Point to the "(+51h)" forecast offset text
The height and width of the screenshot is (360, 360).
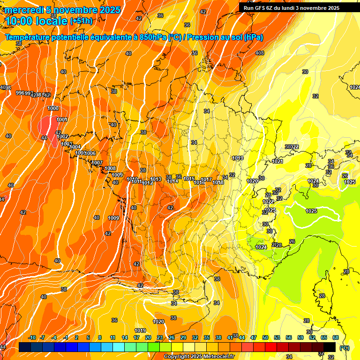(81, 21)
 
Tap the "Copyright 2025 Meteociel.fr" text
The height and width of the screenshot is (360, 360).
(199, 357)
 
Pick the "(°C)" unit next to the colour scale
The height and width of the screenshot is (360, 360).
(344, 347)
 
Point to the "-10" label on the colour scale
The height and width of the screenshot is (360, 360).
(32, 337)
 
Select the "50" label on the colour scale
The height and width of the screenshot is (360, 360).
(265, 337)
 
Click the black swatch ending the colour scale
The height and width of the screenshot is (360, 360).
(330, 347)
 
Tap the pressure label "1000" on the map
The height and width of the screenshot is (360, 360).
(53, 108)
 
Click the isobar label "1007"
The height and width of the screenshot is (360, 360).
(97, 163)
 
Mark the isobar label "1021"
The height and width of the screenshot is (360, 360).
(277, 161)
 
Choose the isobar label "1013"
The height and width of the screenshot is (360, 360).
(156, 179)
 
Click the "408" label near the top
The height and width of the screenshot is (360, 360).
(260, 53)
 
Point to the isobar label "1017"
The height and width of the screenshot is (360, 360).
(206, 180)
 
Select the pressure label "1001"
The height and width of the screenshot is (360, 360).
(61, 120)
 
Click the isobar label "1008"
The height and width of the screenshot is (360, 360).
(110, 168)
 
